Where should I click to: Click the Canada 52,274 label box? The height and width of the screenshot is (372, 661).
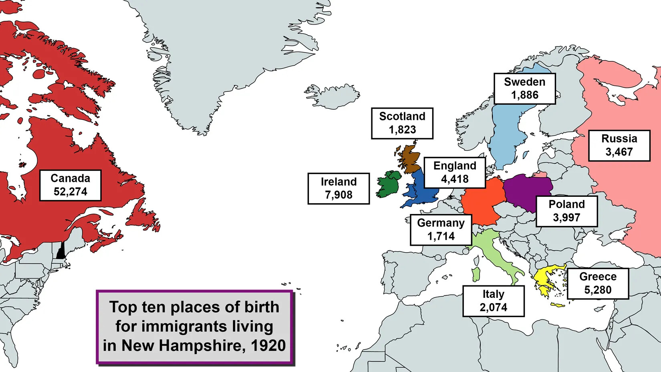(70, 185)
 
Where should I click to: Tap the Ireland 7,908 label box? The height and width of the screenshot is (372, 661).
(339, 188)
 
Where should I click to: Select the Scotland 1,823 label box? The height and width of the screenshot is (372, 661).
(402, 123)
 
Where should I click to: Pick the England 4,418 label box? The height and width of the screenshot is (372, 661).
(455, 172)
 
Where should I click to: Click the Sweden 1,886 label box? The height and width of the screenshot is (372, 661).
(524, 89)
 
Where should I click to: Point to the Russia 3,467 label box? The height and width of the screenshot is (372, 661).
(619, 146)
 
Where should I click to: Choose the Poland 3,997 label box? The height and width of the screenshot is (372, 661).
(566, 211)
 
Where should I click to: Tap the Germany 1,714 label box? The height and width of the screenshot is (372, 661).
(441, 230)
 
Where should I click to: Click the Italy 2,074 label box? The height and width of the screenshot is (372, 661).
(493, 301)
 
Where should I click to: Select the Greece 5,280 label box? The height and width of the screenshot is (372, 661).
(598, 283)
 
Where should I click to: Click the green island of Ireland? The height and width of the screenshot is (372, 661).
(388, 185)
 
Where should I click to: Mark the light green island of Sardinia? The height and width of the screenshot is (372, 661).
(476, 275)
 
